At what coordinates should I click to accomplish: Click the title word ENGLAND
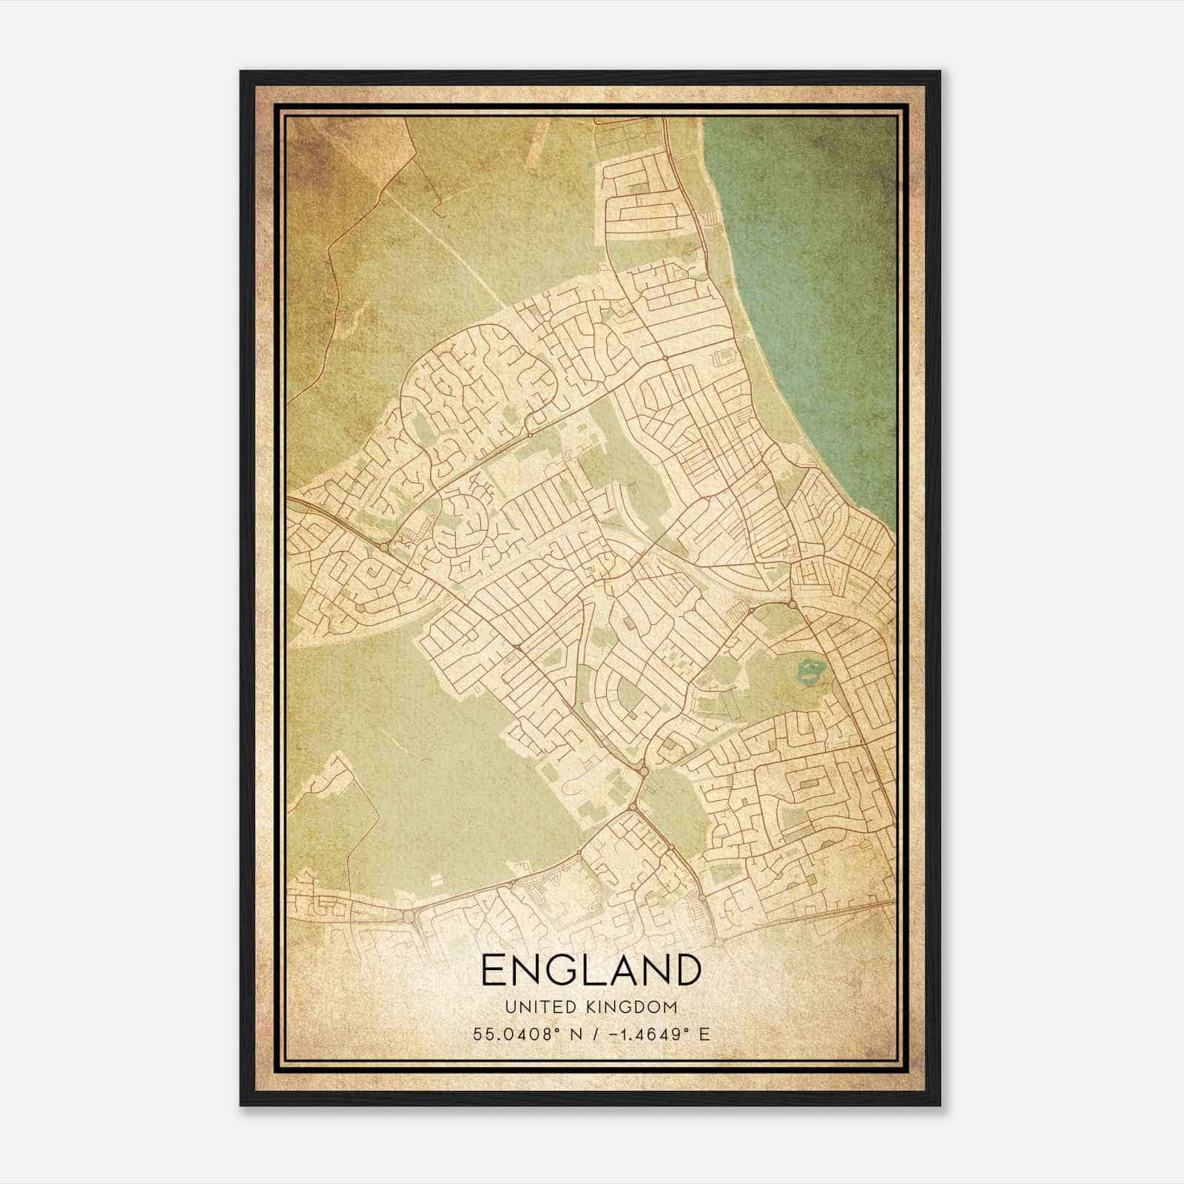point(591,970)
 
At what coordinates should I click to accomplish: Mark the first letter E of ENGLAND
point(494,970)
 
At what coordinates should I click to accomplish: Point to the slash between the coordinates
point(597,1034)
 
